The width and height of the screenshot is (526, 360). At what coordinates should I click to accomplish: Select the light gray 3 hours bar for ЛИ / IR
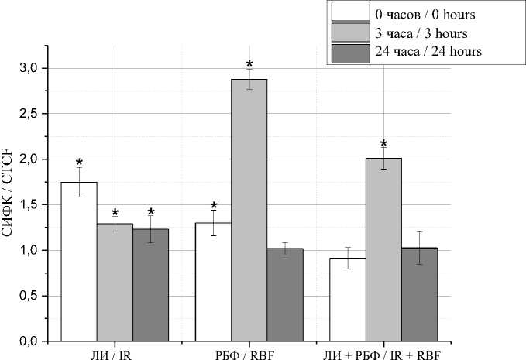(115, 283)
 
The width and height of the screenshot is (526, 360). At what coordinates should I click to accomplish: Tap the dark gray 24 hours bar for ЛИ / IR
(150, 285)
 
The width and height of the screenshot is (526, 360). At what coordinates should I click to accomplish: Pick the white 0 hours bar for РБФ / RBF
(213, 282)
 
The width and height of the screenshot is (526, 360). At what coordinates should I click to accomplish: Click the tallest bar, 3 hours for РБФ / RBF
(249, 210)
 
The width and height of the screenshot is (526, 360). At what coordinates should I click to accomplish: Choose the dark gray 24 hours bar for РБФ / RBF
(285, 295)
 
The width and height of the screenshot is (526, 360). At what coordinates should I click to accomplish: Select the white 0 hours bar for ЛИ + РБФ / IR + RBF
(348, 300)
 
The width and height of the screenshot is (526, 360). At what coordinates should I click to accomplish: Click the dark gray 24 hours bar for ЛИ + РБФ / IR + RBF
(419, 294)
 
